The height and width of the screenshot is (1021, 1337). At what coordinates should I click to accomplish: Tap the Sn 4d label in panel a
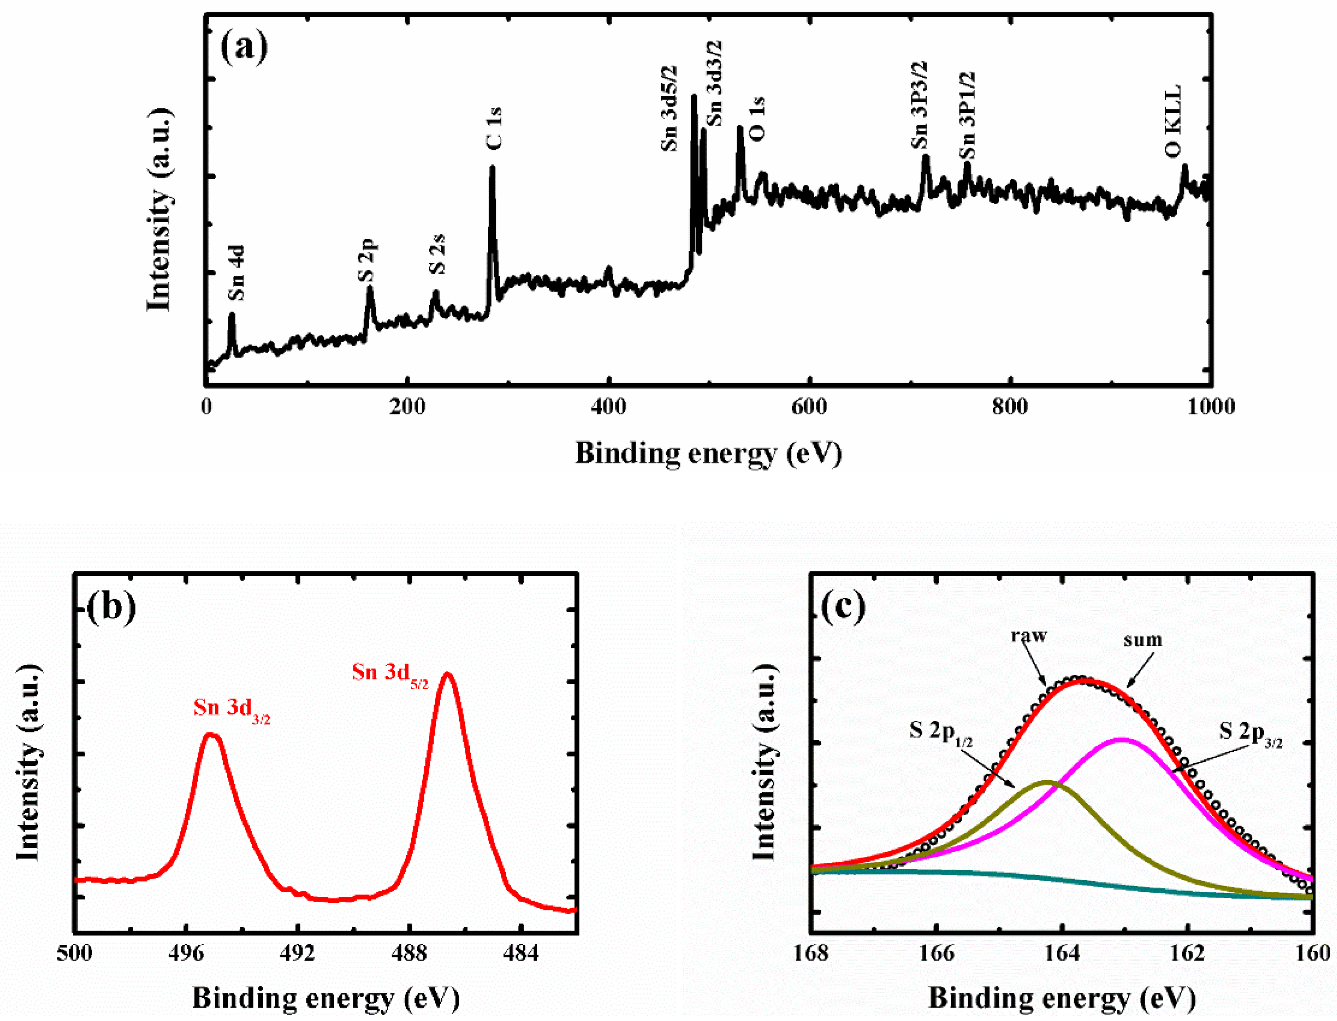coord(236,273)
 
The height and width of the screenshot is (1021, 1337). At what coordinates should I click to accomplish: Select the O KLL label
coord(1173,121)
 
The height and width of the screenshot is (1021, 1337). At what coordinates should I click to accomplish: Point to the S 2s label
coord(437,254)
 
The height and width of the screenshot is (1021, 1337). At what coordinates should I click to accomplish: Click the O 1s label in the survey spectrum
coord(757,119)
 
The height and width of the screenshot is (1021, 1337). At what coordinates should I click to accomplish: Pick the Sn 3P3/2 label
coord(919,105)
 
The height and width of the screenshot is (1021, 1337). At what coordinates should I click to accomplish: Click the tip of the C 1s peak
coord(492,168)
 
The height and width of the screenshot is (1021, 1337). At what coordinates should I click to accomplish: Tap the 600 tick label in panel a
coord(809,406)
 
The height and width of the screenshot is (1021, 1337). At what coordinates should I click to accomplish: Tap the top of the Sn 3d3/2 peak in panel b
coord(211,735)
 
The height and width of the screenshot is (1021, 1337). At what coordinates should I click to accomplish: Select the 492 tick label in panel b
coord(297,953)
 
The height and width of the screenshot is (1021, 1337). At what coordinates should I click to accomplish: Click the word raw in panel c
coord(1029,636)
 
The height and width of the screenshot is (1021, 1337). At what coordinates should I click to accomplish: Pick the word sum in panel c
coord(1142,640)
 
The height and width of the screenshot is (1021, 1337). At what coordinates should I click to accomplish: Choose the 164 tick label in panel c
coord(1062,953)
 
